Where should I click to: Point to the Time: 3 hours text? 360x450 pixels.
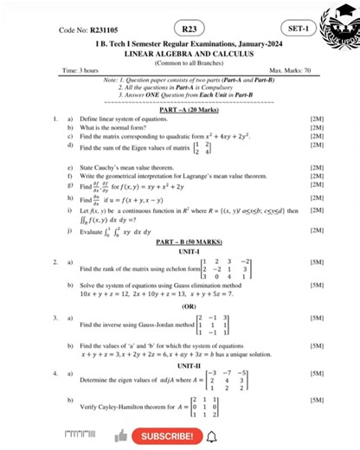coord(82,70)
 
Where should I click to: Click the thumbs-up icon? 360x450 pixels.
coord(120,435)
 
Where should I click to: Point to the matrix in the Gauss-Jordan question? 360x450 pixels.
coord(212,326)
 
